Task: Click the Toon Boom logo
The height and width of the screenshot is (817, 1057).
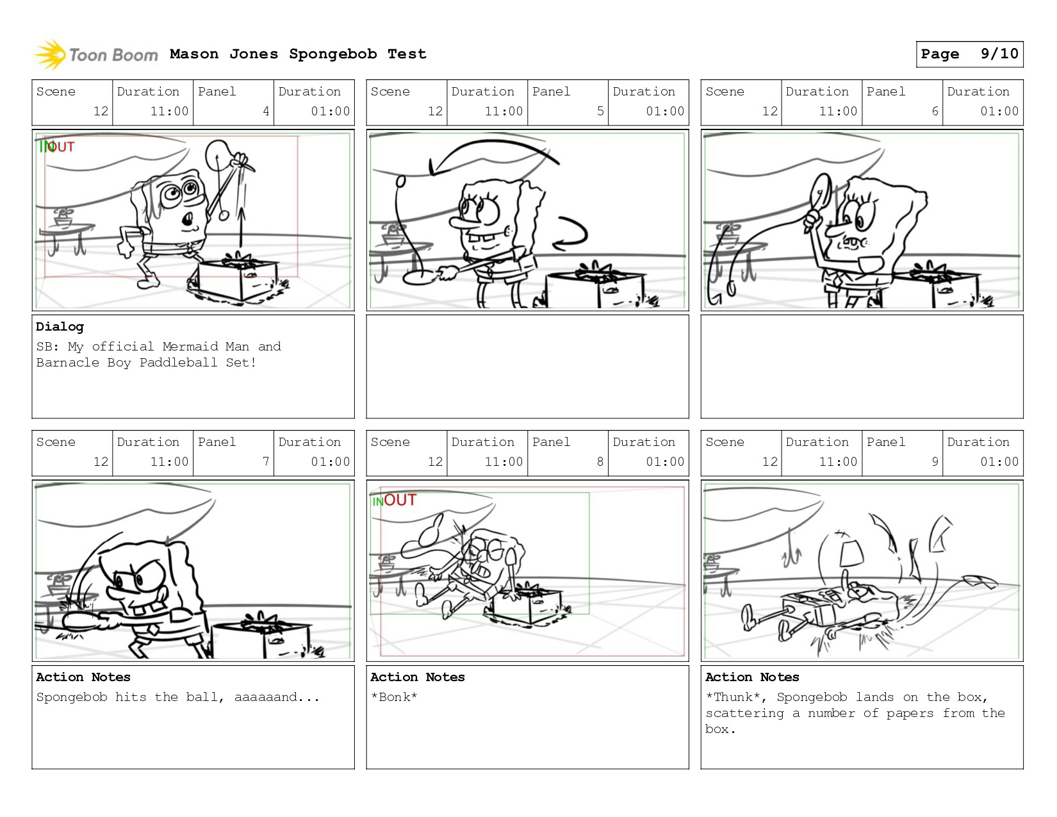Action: point(96,54)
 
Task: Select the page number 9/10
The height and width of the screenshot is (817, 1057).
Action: point(999,54)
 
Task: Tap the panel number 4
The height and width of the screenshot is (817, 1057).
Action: point(266,111)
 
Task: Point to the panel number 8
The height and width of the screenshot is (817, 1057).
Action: point(600,462)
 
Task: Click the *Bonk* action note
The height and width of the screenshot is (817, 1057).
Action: point(394,697)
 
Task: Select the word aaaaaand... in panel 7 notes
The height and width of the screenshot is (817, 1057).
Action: point(277,697)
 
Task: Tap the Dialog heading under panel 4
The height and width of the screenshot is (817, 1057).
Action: point(60,327)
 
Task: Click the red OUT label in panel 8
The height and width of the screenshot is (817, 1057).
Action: point(400,500)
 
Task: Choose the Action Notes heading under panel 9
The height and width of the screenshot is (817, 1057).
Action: point(752,677)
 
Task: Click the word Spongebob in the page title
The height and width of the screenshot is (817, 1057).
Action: point(332,54)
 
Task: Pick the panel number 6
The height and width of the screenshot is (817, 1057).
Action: point(935,111)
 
